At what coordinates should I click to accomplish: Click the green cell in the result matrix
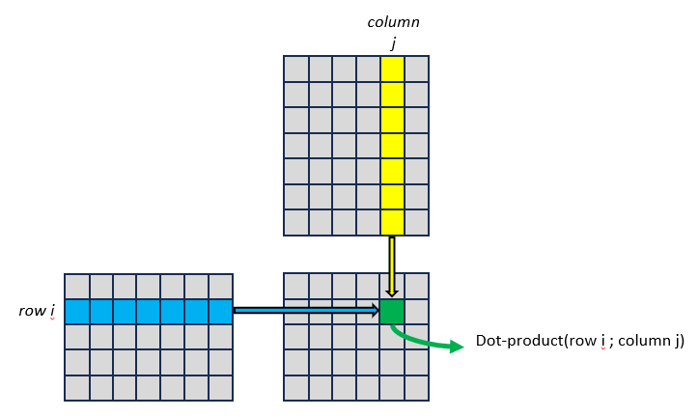point(392,312)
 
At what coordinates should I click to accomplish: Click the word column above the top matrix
point(393,21)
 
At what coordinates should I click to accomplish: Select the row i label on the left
point(37,311)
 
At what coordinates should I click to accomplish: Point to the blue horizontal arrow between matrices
point(305,311)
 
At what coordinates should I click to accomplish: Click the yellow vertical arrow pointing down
point(392,265)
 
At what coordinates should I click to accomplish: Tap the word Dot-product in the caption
point(517,341)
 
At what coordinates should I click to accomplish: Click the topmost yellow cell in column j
point(392,69)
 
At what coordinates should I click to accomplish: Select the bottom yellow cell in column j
point(392,222)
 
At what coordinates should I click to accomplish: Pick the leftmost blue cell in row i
point(77,312)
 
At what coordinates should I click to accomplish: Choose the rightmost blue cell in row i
point(220,312)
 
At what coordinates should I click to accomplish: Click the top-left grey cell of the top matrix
point(295,69)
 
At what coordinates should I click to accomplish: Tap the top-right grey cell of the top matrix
point(416,69)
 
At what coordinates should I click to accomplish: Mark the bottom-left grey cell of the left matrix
point(77,387)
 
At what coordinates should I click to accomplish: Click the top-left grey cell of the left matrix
point(77,287)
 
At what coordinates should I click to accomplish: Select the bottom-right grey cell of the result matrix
point(416,387)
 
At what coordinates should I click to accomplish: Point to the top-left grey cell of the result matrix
point(295,286)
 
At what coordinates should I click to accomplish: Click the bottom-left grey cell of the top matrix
point(295,222)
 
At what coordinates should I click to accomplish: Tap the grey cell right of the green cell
point(416,312)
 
